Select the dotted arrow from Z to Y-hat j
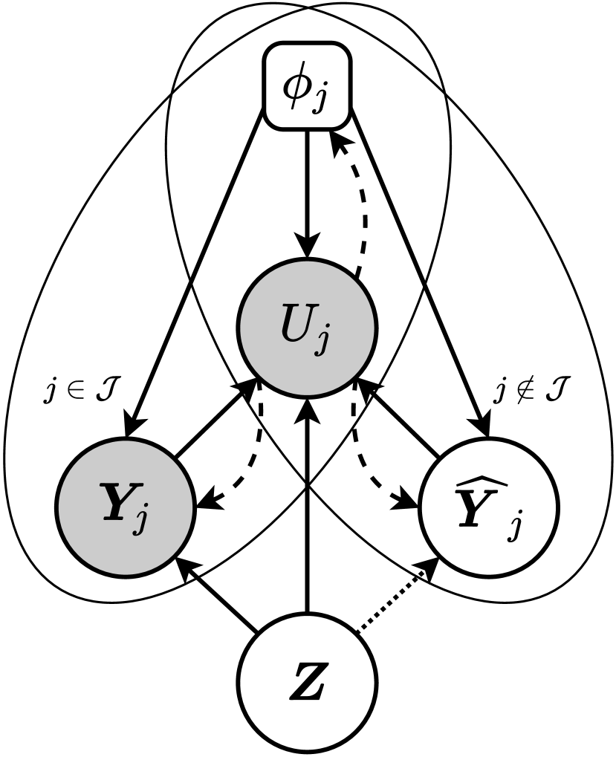[394, 598]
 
